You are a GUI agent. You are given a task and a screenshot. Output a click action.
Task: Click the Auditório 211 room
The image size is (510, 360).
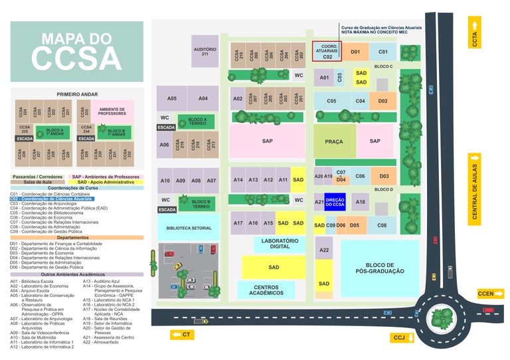tap(205, 51)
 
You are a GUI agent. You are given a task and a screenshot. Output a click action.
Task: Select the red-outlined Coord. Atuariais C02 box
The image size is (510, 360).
tap(327, 51)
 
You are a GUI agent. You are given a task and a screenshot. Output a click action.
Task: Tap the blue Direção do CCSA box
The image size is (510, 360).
tap(335, 201)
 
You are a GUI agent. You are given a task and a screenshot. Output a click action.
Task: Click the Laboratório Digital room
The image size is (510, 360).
tap(279, 244)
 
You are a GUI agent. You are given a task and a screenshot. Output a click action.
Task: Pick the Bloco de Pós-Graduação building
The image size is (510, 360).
tap(380, 268)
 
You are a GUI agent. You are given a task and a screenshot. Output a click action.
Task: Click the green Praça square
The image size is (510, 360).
tap(334, 141)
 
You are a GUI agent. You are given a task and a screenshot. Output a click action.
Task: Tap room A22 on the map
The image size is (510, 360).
tap(323, 250)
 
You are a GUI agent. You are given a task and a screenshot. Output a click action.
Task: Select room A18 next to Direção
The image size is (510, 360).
tap(360, 202)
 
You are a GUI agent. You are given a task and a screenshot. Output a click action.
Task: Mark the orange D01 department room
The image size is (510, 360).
tap(355, 51)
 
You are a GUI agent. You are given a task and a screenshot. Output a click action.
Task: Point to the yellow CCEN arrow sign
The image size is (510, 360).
tap(490, 293)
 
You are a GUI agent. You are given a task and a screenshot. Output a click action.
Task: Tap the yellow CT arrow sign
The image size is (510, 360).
tap(183, 334)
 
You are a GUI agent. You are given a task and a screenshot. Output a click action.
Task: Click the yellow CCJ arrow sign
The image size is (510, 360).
tap(402, 338)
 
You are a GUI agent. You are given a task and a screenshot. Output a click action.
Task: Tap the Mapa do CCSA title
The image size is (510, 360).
tap(77, 48)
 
